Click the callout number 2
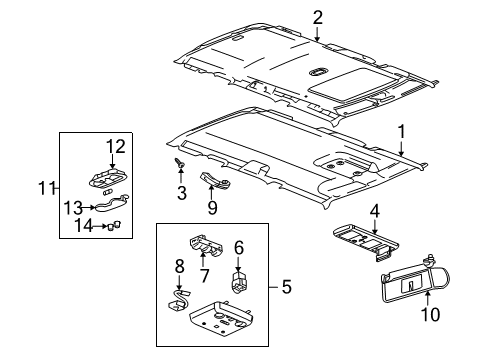pyautogui.click(x=317, y=16)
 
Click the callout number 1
pyautogui.click(x=401, y=130)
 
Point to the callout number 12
pyautogui.click(x=117, y=147)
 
